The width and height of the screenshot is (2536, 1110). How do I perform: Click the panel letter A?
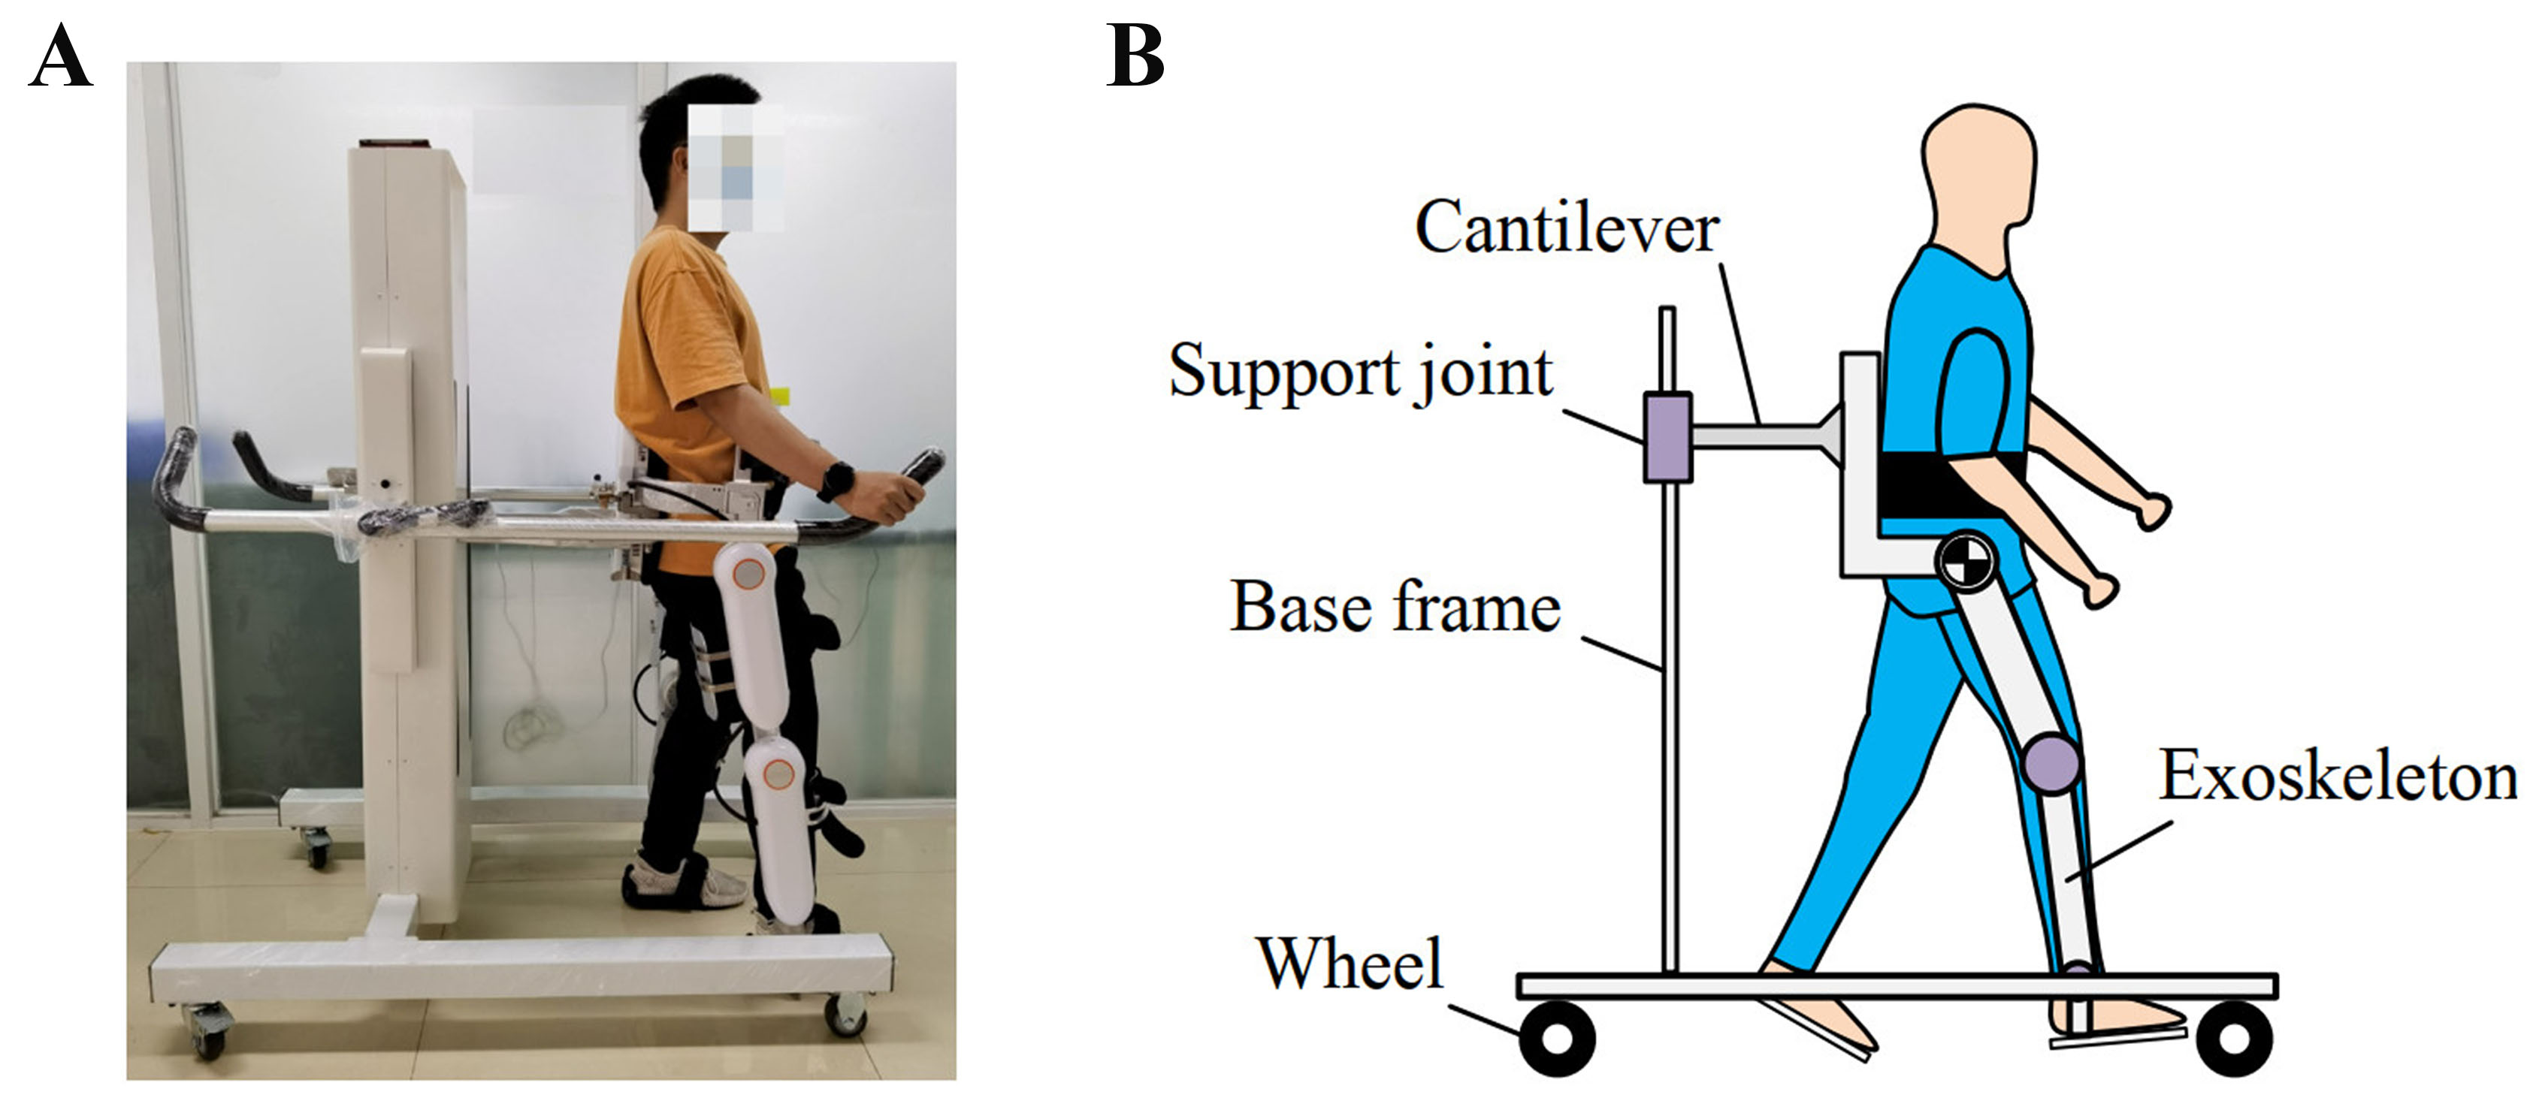[x=60, y=57]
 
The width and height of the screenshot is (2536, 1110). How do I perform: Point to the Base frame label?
[x=1395, y=607]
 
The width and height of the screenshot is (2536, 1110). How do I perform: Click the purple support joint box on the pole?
[x=1667, y=438]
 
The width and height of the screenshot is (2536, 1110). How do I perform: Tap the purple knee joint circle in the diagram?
[x=2051, y=764]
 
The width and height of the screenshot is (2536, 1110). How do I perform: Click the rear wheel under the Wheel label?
[x=1558, y=1038]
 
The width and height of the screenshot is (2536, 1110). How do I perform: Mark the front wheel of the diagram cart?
[x=2234, y=1038]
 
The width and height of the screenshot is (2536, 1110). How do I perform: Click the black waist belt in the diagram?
[x=1949, y=486]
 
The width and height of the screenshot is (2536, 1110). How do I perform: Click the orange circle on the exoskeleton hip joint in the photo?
[x=752, y=572]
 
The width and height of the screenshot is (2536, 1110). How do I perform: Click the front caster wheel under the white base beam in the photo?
[x=845, y=1014]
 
